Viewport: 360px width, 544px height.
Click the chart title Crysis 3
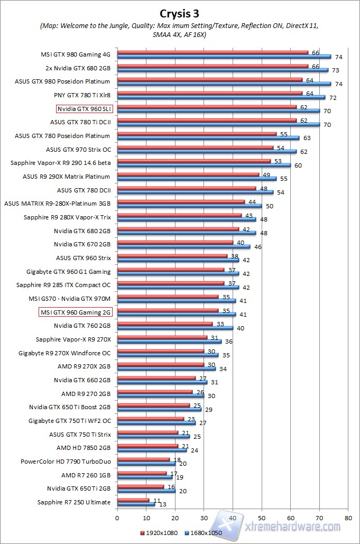[180, 12]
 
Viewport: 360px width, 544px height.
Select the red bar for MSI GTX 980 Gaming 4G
[213, 52]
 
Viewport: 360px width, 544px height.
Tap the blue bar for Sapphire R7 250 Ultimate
[136, 504]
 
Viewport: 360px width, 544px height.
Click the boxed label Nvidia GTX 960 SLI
[85, 109]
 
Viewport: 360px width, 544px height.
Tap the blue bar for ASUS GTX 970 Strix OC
[207, 151]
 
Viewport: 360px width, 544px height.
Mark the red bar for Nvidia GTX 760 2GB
[165, 324]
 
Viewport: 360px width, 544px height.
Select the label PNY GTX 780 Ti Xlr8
[82, 95]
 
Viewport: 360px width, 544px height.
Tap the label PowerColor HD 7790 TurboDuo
[66, 462]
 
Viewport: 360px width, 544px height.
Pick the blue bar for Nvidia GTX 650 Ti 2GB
[146, 490]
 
